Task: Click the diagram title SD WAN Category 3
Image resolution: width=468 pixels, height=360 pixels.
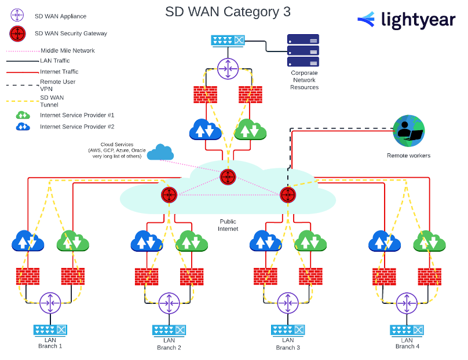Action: click(x=228, y=12)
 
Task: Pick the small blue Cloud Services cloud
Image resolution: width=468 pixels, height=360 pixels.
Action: click(x=160, y=152)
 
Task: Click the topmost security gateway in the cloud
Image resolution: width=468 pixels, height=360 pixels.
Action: click(x=228, y=177)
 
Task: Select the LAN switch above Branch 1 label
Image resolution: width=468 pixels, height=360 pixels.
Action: click(x=50, y=330)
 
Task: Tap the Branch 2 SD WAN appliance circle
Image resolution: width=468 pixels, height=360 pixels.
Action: click(x=169, y=302)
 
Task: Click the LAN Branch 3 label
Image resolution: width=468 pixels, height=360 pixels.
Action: click(x=288, y=344)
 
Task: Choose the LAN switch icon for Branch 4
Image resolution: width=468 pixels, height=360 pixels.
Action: click(x=407, y=330)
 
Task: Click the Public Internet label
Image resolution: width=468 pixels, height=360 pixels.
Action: click(x=228, y=225)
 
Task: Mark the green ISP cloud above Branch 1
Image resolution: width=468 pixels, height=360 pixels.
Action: click(x=72, y=241)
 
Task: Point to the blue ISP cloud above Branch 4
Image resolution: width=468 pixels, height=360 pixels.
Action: click(x=385, y=241)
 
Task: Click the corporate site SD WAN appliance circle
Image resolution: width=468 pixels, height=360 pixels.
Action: click(x=228, y=69)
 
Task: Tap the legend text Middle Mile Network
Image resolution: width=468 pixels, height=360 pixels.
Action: click(x=67, y=50)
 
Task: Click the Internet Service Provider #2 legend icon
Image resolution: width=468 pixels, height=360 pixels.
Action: click(x=23, y=126)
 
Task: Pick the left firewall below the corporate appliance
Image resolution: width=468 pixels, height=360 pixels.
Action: click(x=206, y=94)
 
